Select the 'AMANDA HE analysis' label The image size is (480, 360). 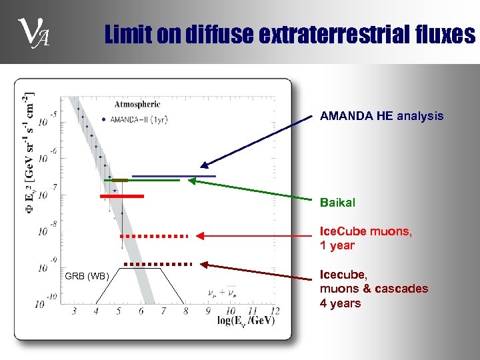(381, 116)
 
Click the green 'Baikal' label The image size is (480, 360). (337, 201)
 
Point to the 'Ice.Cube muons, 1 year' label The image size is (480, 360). (365, 238)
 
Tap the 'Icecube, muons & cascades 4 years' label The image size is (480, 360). (373, 289)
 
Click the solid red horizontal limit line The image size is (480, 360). (122, 197)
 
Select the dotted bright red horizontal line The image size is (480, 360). (155, 236)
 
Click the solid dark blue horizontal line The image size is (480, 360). (173, 176)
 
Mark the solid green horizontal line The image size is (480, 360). (141, 181)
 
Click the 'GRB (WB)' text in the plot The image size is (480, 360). (87, 276)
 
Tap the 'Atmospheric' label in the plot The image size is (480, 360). (137, 104)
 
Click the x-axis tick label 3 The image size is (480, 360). (74, 311)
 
